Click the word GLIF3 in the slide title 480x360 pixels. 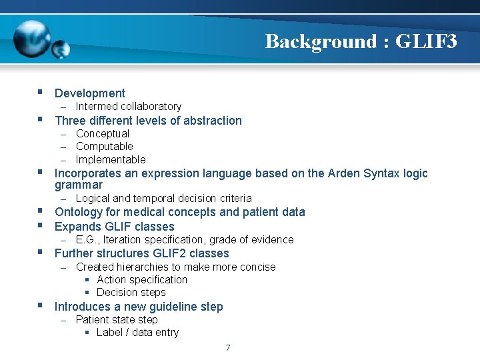[x=426, y=41]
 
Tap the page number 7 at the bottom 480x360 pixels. [x=227, y=347]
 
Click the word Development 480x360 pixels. [x=89, y=93]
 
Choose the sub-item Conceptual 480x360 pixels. [x=103, y=133]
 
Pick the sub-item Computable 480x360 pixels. [x=104, y=147]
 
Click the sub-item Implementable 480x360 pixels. [x=110, y=160]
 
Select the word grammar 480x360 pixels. [x=79, y=185]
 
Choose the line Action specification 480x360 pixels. [x=141, y=280]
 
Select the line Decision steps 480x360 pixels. [x=131, y=293]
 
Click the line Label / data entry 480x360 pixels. [x=137, y=333]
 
